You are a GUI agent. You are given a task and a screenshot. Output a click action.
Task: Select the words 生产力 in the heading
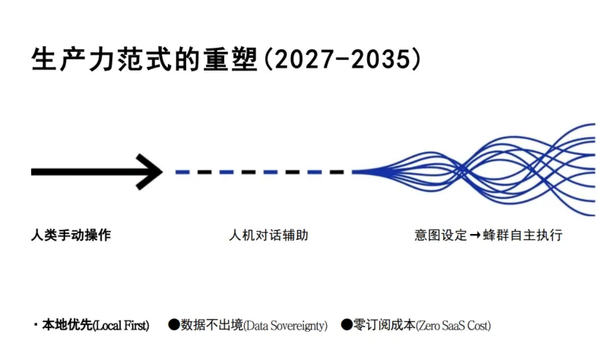click(x=65, y=60)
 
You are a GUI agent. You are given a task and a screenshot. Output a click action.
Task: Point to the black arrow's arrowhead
click(x=150, y=172)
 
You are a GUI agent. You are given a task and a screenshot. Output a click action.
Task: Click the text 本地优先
click(x=66, y=325)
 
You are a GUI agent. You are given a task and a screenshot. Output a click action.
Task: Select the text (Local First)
click(x=120, y=325)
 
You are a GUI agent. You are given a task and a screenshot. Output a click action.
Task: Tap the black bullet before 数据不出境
click(x=174, y=325)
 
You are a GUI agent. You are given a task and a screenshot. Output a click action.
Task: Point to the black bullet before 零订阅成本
click(x=347, y=325)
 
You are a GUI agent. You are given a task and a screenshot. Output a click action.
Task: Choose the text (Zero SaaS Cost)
click(x=453, y=325)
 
